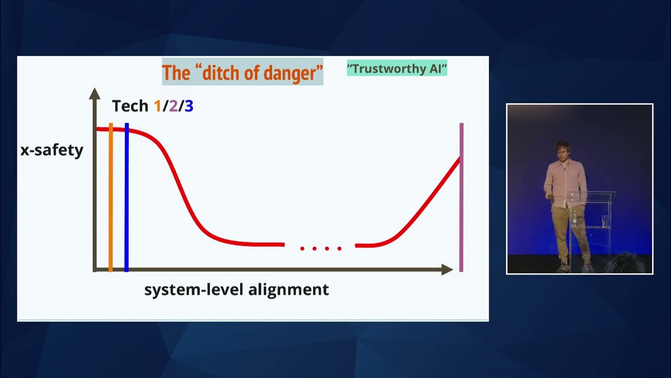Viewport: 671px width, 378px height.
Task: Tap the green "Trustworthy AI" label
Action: pos(397,68)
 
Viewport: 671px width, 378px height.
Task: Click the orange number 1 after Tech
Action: pos(157,106)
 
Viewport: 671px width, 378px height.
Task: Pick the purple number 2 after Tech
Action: pos(173,106)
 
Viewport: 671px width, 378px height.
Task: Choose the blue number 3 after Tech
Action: pos(189,106)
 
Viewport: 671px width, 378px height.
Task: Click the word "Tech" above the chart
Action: pos(130,106)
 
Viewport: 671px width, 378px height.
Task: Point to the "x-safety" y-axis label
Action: pos(52,150)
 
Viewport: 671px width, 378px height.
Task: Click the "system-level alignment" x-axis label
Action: pos(236,289)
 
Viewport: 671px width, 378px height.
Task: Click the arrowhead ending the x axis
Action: pos(447,269)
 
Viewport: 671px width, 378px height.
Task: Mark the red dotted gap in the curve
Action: pos(320,248)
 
